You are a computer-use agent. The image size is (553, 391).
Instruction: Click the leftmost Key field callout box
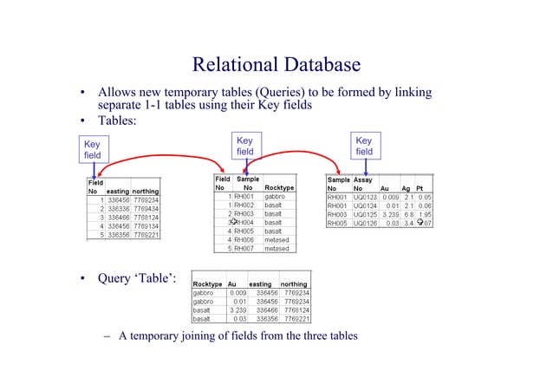coord(92,149)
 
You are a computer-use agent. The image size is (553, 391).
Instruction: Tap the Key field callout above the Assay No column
coord(364,146)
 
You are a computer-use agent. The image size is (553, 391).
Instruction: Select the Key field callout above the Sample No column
coord(245,146)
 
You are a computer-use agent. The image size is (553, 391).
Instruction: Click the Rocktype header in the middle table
coord(279,187)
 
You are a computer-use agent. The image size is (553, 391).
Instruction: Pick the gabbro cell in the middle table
coord(276,197)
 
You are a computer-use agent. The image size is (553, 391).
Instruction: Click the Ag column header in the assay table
coord(407,187)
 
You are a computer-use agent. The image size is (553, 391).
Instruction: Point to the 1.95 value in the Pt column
coord(425,214)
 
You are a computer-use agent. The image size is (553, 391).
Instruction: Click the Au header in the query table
coord(231,283)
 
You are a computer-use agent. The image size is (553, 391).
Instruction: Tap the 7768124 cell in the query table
coord(295,310)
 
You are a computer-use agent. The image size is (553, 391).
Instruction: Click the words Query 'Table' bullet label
coord(139,278)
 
